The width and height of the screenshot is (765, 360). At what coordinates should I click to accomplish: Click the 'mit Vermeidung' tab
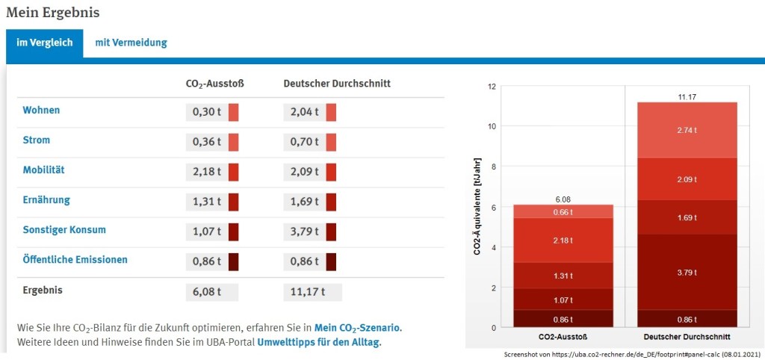click(x=131, y=43)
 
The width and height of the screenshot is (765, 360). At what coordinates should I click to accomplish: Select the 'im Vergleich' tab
click(x=45, y=43)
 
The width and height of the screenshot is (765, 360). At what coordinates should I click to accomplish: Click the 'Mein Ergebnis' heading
click(x=52, y=13)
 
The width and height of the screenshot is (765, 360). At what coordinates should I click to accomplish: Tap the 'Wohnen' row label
click(x=41, y=111)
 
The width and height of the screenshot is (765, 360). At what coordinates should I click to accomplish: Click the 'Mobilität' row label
click(x=43, y=170)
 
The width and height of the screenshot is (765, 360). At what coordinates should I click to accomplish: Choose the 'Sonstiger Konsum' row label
click(x=64, y=230)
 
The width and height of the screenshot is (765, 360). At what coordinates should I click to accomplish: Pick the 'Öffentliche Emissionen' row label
click(x=75, y=260)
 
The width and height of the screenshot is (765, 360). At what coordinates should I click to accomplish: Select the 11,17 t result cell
click(x=304, y=291)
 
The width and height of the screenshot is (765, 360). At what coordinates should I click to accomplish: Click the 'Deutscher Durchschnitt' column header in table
click(x=337, y=84)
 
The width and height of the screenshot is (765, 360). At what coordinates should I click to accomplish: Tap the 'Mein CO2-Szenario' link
click(x=357, y=328)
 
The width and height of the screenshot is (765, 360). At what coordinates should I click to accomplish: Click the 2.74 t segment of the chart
click(x=686, y=130)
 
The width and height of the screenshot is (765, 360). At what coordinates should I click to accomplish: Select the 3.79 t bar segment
click(x=686, y=272)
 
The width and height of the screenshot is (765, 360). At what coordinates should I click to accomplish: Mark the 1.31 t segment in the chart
click(x=563, y=275)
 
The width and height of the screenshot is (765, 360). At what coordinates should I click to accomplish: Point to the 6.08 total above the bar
click(x=563, y=199)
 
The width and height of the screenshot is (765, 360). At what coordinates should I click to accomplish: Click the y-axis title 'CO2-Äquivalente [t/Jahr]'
click(x=477, y=206)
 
